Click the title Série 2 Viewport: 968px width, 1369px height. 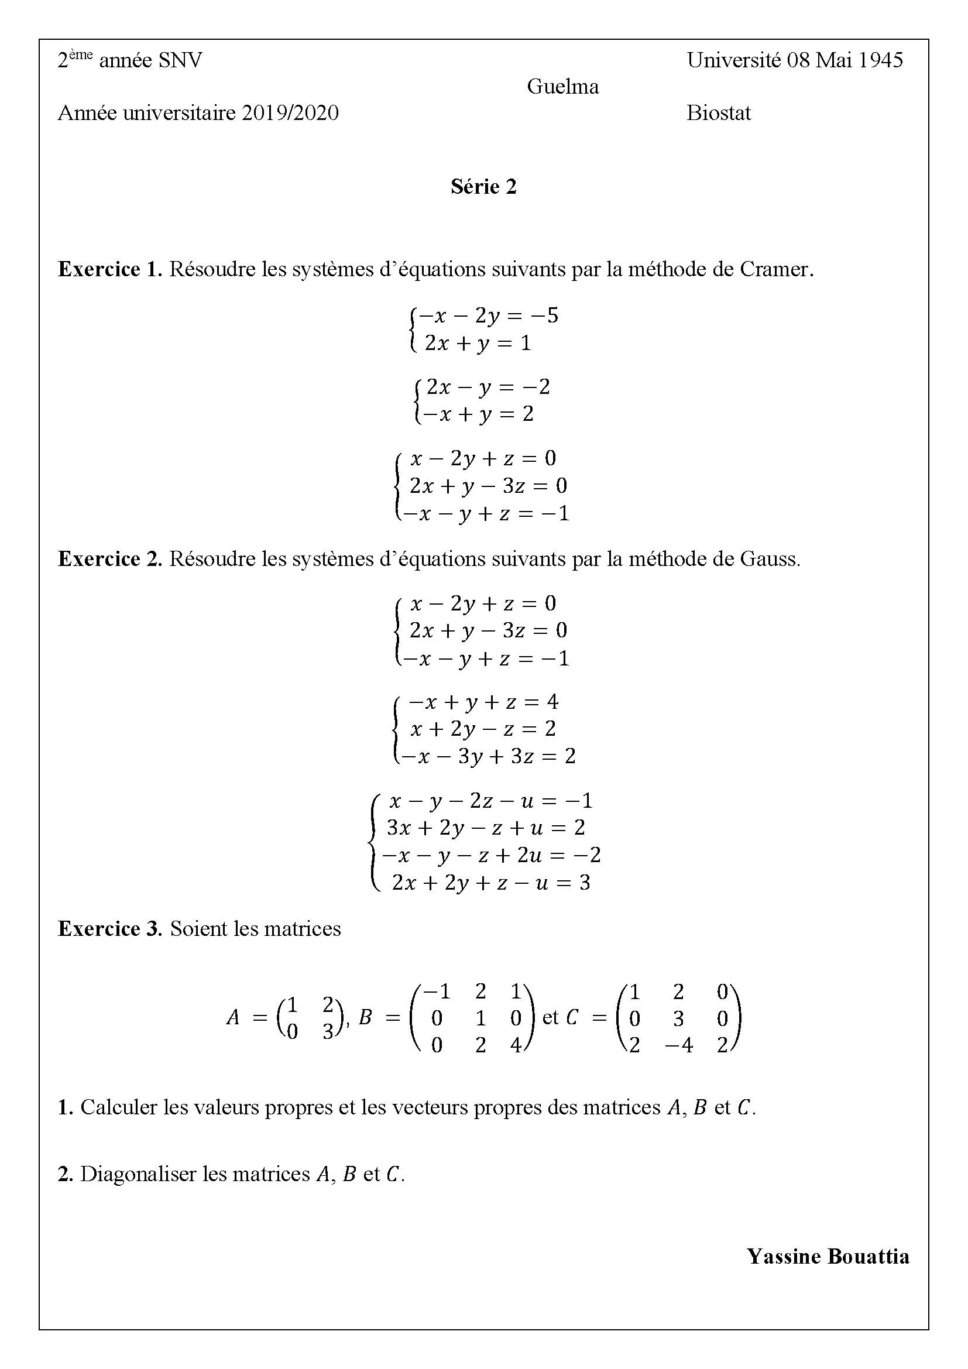click(483, 187)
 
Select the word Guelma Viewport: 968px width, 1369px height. click(562, 87)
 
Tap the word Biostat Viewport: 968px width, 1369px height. click(718, 113)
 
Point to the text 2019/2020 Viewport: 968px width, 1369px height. click(290, 113)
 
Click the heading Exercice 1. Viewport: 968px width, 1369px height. click(109, 269)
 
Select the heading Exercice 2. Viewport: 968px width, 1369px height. click(109, 559)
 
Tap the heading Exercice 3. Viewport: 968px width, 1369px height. click(109, 928)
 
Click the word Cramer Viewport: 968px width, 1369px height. click(776, 269)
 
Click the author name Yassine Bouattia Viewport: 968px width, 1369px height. click(828, 1256)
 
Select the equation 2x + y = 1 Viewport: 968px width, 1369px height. click(478, 344)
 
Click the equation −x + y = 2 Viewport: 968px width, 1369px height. click(478, 414)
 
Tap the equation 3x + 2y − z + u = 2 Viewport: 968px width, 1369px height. click(486, 827)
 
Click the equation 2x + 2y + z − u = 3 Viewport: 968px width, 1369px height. click(490, 883)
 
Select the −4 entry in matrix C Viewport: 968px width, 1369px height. click(678, 1045)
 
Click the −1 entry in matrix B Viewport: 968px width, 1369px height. click(436, 991)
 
